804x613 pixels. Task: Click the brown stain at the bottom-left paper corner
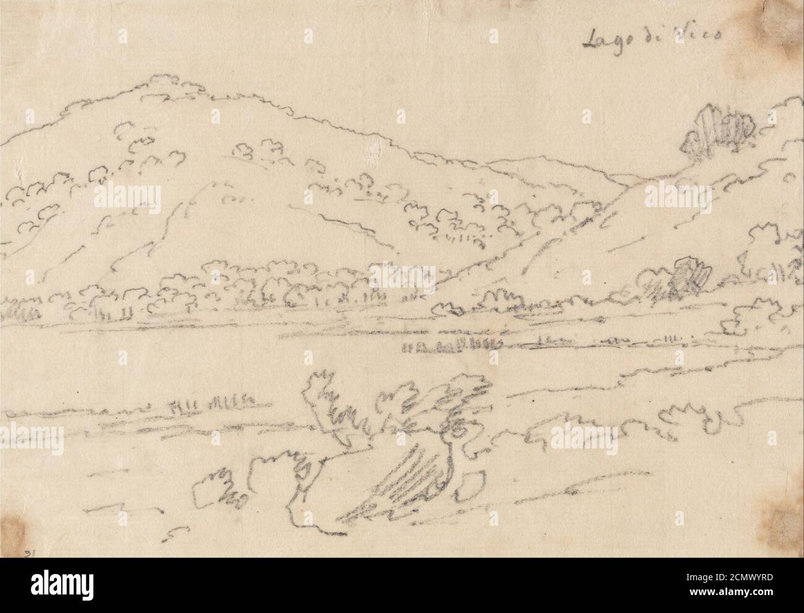15,529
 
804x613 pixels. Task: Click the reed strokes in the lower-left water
210,405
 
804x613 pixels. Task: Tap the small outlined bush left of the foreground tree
216,486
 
